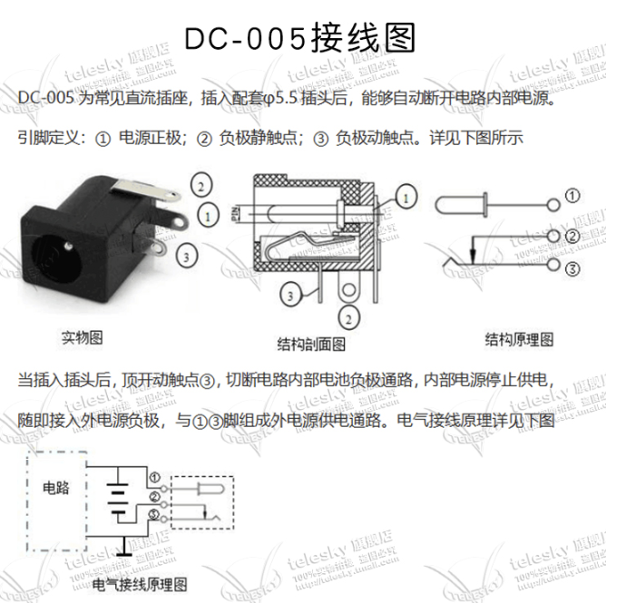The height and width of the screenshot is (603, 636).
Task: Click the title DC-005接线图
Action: [299, 39]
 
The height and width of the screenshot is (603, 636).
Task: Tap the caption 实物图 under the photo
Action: [81, 337]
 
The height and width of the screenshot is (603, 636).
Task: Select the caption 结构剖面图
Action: [311, 344]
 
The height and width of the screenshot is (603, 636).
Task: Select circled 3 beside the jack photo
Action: [187, 257]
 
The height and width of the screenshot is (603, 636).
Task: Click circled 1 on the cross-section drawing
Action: [406, 196]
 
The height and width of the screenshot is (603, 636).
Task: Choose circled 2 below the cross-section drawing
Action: [347, 317]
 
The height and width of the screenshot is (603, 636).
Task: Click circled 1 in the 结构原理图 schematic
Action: [572, 195]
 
